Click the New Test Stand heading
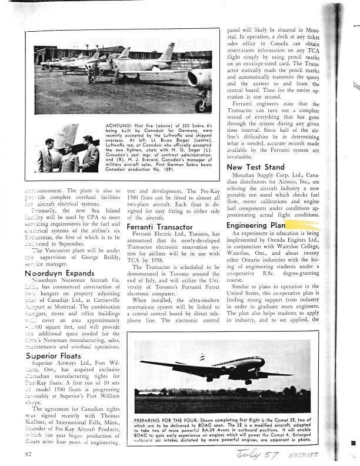pos(255,168)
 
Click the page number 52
pos(29,454)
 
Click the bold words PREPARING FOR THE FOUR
pos(170,421)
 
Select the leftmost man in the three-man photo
pos(46,155)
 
